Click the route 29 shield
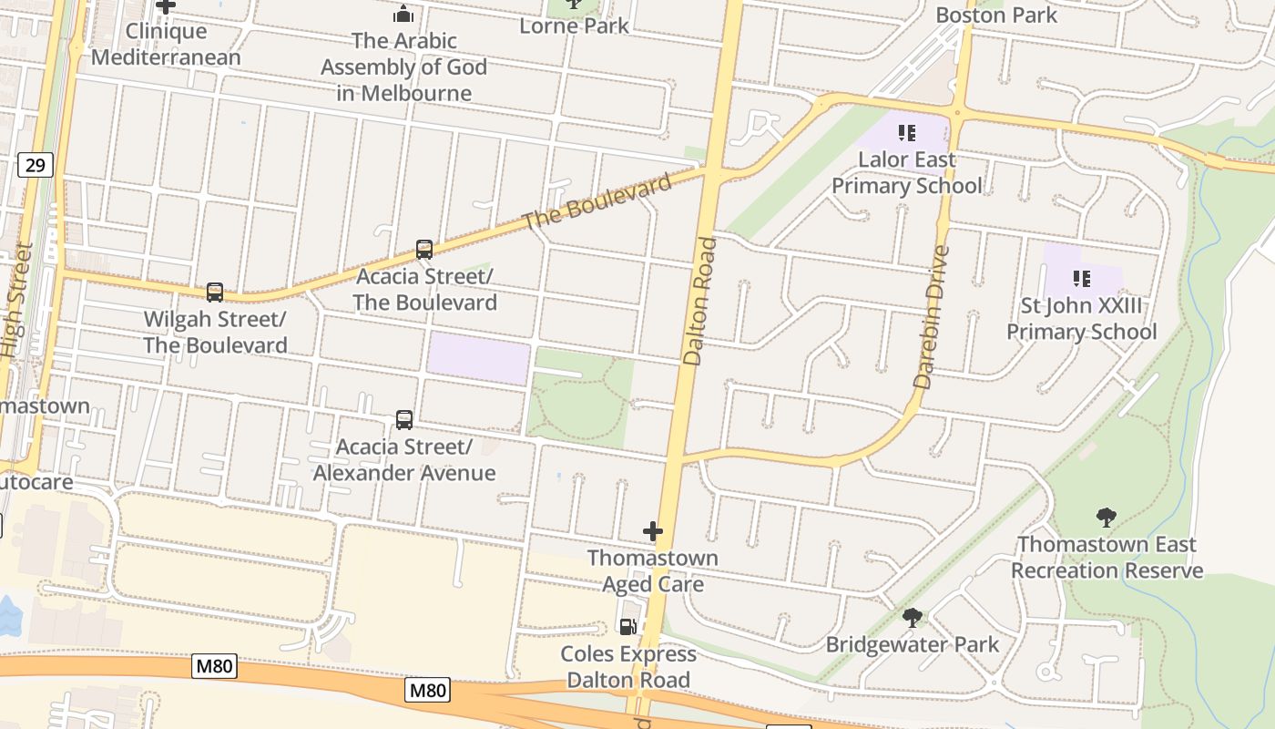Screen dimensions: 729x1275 (x=35, y=165)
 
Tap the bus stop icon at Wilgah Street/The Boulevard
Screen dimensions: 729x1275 (x=215, y=292)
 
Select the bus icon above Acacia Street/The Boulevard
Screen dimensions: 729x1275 (x=424, y=249)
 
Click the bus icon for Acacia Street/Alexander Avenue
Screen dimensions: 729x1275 (x=404, y=419)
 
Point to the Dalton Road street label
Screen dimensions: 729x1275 (x=700, y=302)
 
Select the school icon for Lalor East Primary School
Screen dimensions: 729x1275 (x=906, y=133)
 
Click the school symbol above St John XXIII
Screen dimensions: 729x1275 (x=1082, y=278)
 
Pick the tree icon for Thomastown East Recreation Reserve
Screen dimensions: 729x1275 (x=1107, y=518)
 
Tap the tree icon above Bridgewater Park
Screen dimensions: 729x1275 (x=912, y=618)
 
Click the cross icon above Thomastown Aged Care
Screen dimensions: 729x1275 (x=653, y=531)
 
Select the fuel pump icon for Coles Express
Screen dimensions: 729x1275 (x=627, y=626)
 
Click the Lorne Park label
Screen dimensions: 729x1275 (x=574, y=26)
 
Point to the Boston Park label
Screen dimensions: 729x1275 (x=996, y=15)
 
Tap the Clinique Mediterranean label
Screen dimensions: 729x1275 (x=167, y=44)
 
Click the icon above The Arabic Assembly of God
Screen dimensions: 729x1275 (x=403, y=14)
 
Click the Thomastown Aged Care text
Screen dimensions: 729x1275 (x=653, y=570)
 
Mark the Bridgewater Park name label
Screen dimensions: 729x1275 (x=912, y=644)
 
